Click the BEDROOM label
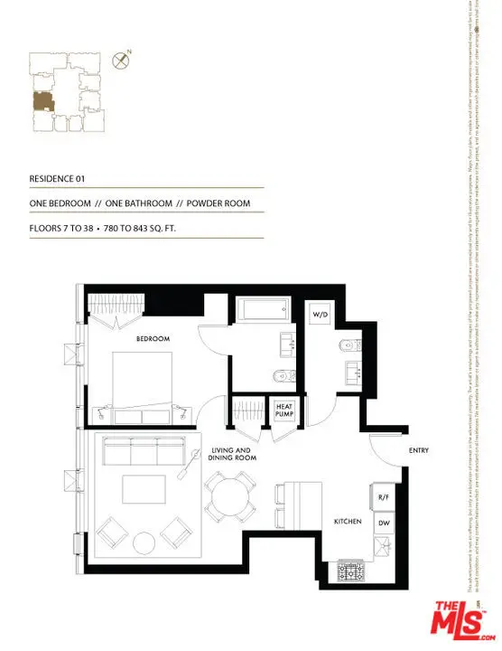point(153,339)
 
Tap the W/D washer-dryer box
point(320,314)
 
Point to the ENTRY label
point(418,449)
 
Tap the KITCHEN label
point(349,523)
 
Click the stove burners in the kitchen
point(349,571)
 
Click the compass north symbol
point(119,61)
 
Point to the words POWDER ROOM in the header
point(218,203)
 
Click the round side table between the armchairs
point(144,543)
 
